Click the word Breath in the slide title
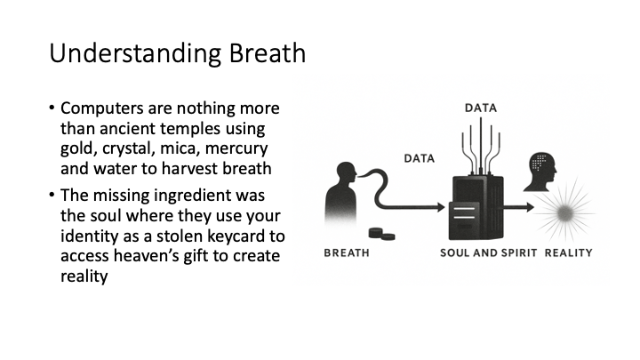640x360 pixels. point(267,53)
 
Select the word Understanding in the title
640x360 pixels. point(135,54)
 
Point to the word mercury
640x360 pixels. point(236,148)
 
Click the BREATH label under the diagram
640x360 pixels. point(347,253)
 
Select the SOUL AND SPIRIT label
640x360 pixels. point(488,253)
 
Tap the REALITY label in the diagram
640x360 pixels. point(568,253)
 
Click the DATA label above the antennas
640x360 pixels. point(481,108)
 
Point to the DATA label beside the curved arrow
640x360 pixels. point(420,158)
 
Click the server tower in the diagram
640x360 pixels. point(476,208)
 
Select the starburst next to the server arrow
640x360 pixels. point(565,212)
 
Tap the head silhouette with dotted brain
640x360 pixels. point(540,172)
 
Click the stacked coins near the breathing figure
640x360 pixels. point(381,234)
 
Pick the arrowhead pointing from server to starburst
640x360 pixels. point(530,207)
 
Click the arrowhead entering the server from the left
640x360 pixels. point(441,207)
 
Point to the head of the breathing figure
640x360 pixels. point(347,172)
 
